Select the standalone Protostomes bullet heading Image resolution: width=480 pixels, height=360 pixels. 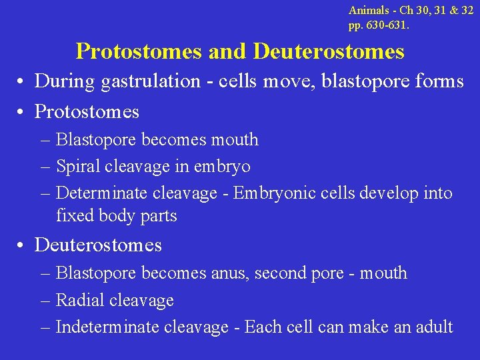click(x=87, y=112)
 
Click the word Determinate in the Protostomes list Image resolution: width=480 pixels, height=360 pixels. click(x=103, y=193)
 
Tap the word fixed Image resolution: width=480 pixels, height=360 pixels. click(x=71, y=216)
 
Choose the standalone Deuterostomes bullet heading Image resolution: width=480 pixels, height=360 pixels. click(x=98, y=245)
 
